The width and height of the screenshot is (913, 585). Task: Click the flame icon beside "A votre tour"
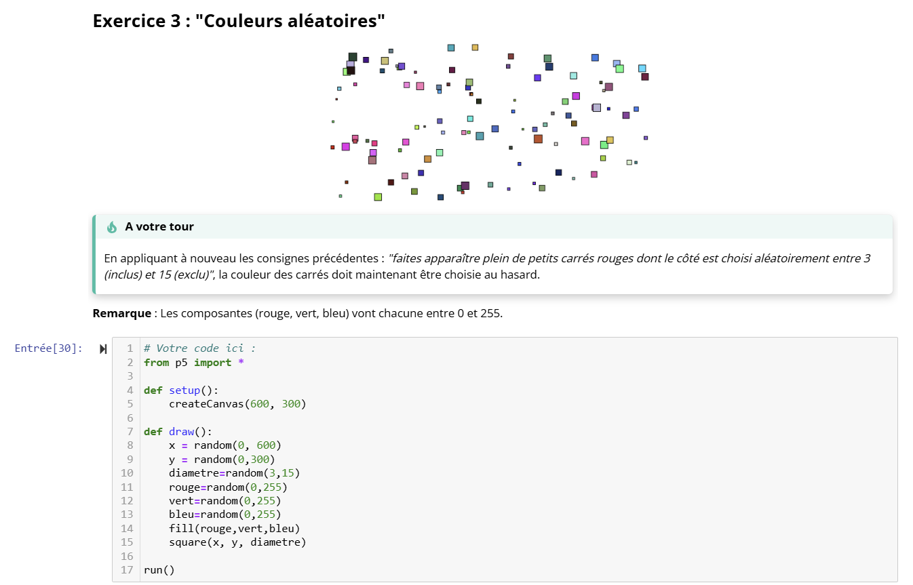112,227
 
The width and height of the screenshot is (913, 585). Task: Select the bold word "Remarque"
121,314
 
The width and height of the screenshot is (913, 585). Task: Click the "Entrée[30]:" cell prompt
49,348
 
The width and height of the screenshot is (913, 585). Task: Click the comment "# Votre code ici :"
199,348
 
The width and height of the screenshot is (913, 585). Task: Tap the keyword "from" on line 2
156,363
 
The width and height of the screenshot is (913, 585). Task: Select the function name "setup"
184,390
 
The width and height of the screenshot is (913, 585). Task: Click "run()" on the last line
159,570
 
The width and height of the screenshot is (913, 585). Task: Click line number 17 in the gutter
128,570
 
